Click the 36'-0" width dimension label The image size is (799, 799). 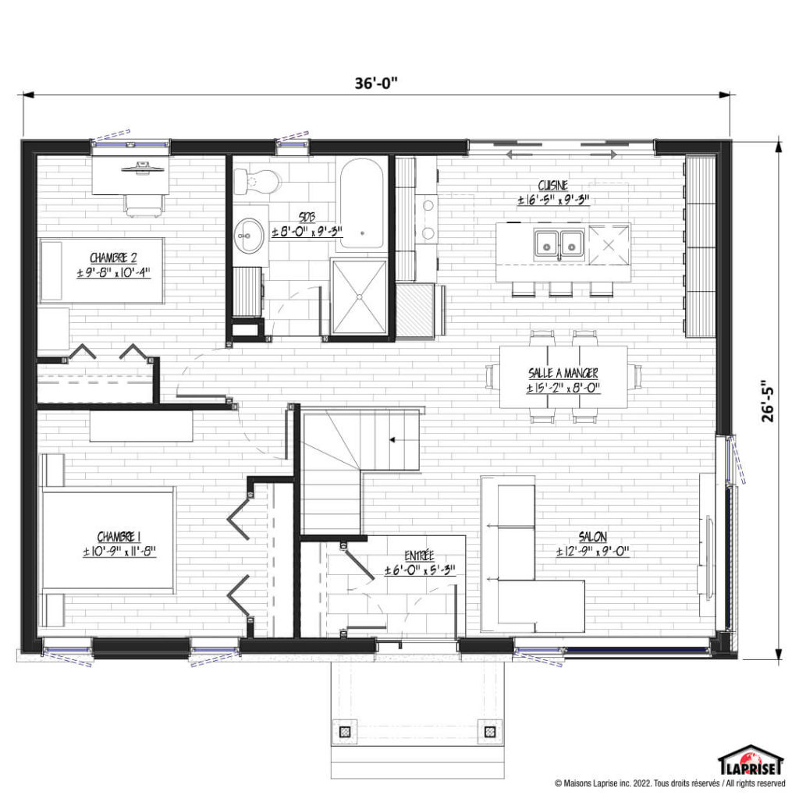click(x=376, y=83)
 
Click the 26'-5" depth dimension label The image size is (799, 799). click(x=768, y=401)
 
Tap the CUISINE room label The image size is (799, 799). click(x=553, y=186)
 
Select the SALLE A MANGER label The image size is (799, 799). click(x=563, y=373)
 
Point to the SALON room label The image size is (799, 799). click(x=593, y=537)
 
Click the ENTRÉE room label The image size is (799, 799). click(x=419, y=556)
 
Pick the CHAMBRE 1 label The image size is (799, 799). click(x=119, y=537)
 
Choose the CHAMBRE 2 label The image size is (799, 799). click(x=114, y=257)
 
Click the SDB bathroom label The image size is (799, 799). click(x=307, y=218)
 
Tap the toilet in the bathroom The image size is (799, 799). click(x=257, y=181)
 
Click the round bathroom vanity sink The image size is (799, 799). click(x=249, y=236)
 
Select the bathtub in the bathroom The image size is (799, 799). click(x=361, y=204)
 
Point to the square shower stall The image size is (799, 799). click(x=359, y=297)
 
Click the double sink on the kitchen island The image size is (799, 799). click(x=559, y=245)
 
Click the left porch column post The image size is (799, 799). click(x=345, y=732)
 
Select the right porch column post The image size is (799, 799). click(x=490, y=732)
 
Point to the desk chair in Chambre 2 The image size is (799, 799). click(x=144, y=205)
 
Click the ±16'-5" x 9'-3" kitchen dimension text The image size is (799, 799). click(x=553, y=200)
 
